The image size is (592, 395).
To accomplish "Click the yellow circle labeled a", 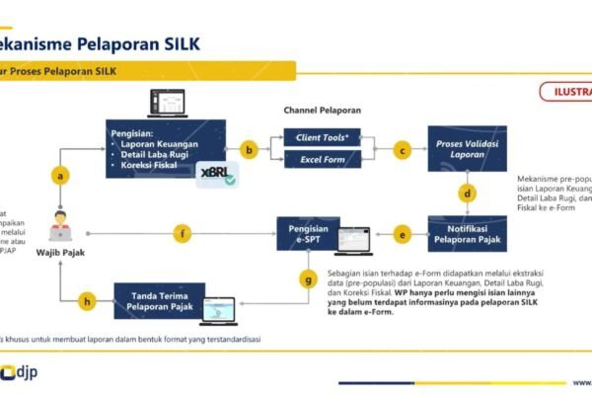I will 63,175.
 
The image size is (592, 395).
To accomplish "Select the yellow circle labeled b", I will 249,149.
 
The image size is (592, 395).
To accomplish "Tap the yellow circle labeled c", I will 402,149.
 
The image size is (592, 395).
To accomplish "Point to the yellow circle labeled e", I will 402,234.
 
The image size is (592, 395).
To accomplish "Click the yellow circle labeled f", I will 181,234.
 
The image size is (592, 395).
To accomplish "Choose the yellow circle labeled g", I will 308,279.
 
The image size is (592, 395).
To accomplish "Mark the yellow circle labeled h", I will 89,301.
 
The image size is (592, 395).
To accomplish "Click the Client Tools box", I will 324,137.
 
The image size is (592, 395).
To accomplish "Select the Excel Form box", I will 324,160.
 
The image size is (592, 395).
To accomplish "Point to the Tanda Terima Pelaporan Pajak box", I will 159,300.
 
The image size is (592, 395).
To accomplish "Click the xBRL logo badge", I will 216,174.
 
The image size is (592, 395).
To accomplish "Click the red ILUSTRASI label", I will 566,93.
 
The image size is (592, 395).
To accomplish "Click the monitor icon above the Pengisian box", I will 167,103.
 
